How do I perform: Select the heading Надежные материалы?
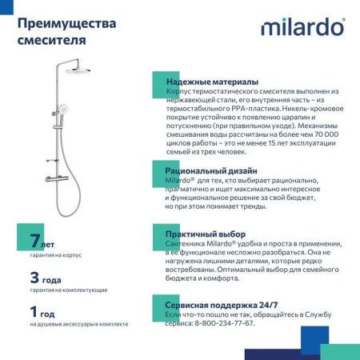coord(211,82)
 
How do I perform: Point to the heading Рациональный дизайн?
coord(211,170)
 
